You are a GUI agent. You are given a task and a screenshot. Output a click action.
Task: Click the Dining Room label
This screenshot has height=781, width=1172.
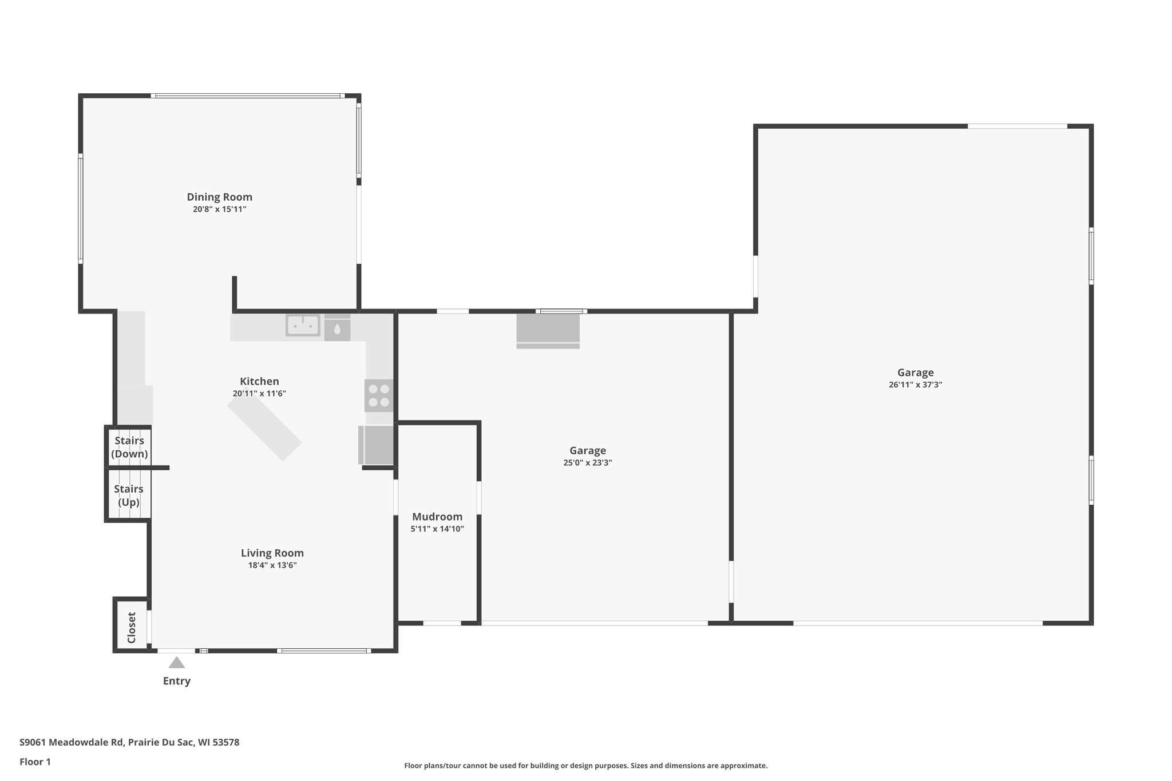(x=219, y=197)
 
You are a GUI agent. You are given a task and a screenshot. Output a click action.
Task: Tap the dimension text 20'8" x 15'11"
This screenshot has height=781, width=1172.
(x=219, y=209)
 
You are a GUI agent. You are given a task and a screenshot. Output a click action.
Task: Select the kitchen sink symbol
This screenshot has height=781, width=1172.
(x=303, y=326)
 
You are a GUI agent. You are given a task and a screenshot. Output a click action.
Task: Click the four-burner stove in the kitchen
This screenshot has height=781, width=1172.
(x=379, y=395)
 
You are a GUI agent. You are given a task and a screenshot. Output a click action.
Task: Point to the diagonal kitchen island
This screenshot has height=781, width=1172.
(x=264, y=429)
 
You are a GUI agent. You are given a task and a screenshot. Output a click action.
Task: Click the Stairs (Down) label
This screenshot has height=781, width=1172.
(x=129, y=447)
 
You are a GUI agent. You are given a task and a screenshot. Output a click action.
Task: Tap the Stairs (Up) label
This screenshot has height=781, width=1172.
(x=129, y=495)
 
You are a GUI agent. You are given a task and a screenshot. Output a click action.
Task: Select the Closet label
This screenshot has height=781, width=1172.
(x=132, y=628)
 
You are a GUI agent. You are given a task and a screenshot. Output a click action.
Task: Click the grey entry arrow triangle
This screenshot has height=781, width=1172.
(x=176, y=663)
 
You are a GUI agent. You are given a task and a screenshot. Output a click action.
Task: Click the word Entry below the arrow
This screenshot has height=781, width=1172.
(x=176, y=681)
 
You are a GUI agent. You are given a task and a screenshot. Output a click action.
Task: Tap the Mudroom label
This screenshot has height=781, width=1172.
(x=437, y=517)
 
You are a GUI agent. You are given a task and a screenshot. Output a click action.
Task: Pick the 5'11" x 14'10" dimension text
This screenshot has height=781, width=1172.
(x=437, y=529)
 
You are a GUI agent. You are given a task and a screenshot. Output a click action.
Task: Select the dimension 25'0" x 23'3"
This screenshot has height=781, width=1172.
(x=588, y=463)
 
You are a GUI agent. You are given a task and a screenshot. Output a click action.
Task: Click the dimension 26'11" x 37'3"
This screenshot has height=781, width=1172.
(x=915, y=385)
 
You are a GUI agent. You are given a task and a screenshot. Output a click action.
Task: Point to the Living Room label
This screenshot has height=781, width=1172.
(x=272, y=553)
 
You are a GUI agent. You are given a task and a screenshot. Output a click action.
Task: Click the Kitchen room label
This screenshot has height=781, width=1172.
(x=259, y=381)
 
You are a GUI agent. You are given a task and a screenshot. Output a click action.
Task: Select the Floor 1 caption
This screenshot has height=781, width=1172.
(x=35, y=762)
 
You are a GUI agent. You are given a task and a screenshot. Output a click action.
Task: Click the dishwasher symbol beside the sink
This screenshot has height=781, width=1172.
(x=337, y=329)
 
